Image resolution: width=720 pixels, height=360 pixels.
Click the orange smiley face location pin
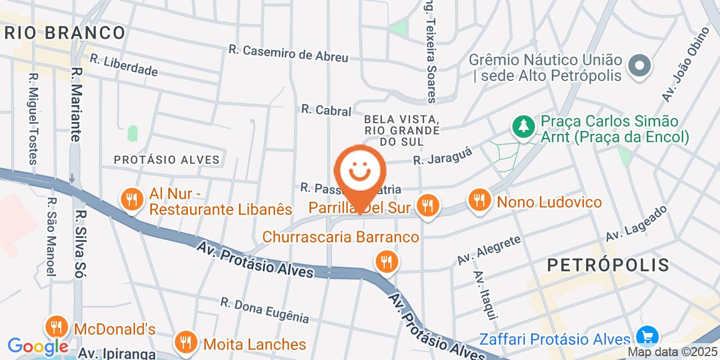360,172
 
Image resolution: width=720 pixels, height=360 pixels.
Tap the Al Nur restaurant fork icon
131,199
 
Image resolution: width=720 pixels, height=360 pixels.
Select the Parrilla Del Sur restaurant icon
428,205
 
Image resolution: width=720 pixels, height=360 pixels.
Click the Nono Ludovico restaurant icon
479,200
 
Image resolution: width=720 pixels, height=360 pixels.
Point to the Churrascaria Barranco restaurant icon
386,261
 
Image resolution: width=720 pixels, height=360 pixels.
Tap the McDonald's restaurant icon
56,327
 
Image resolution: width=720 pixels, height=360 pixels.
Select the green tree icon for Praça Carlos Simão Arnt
524,126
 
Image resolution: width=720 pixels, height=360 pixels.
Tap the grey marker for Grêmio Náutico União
639,66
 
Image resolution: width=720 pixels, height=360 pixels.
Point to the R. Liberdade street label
124,65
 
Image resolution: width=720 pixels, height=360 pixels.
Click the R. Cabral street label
326,110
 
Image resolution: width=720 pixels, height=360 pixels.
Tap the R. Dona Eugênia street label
264,310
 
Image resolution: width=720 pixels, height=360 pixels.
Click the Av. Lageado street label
636,223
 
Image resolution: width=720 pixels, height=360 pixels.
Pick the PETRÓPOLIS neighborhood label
608,264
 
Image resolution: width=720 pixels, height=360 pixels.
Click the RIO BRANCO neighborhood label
64,33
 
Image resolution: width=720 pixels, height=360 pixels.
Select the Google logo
38,346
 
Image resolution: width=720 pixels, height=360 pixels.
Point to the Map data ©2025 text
672,352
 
